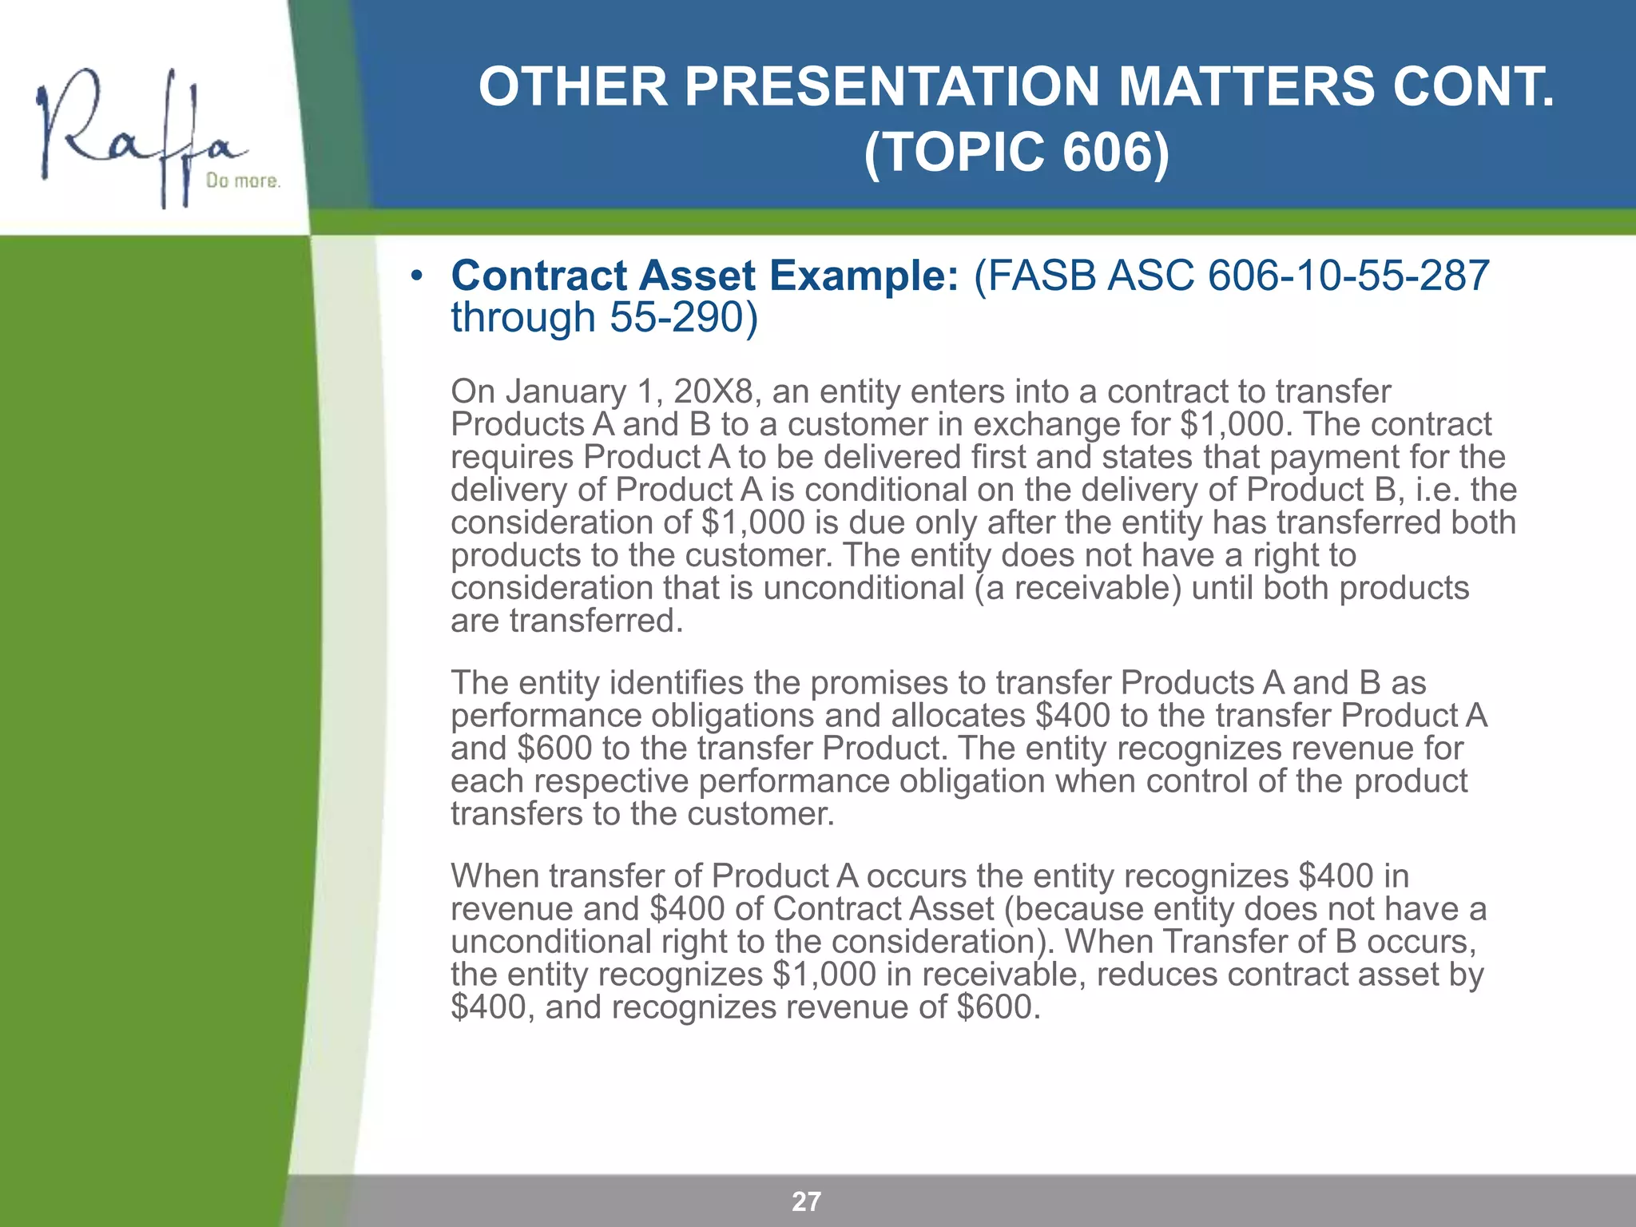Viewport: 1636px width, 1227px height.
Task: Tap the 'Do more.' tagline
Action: (243, 181)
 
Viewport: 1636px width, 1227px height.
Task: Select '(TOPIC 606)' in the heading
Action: (1016, 152)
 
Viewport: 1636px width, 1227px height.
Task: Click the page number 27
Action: (806, 1201)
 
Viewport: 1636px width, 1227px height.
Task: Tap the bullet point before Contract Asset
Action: (415, 277)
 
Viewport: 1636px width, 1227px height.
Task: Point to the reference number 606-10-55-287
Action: (1348, 276)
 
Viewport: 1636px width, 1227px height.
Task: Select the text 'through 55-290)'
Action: (604, 318)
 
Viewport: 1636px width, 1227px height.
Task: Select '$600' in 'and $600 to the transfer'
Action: (554, 749)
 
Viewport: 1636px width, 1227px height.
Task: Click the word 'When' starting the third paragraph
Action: (494, 877)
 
